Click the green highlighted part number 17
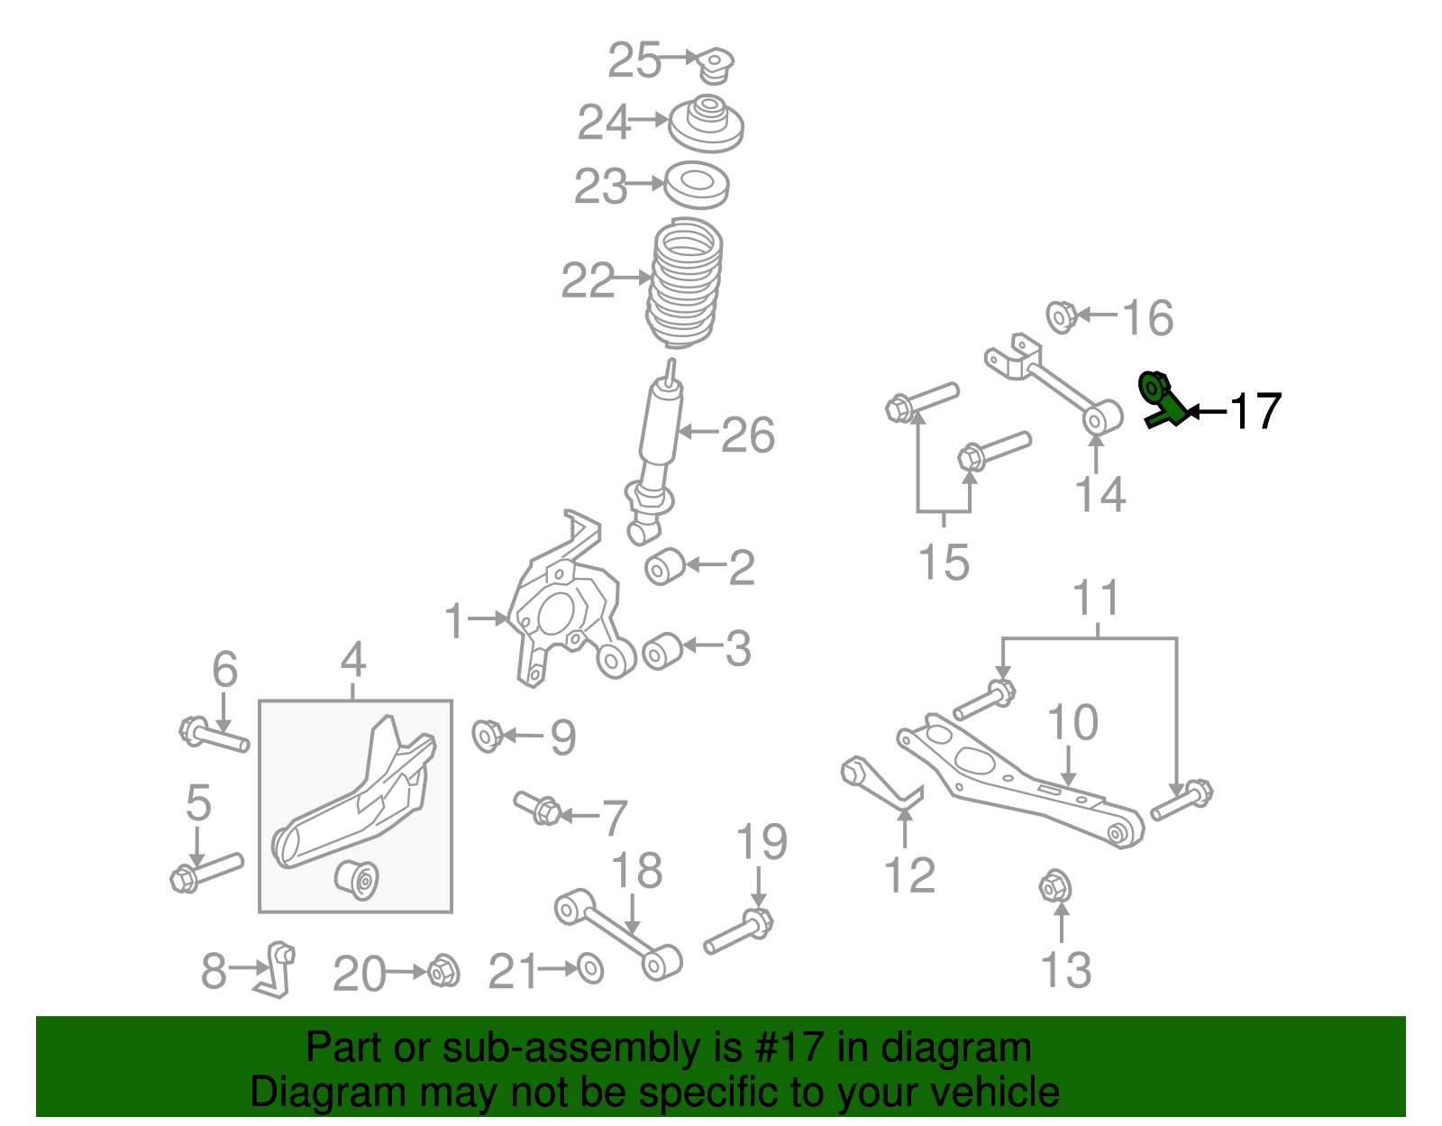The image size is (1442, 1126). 1162,400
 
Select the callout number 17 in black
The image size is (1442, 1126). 1255,411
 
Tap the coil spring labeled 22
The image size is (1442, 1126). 685,282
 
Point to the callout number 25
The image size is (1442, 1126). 634,60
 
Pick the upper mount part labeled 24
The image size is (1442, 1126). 706,124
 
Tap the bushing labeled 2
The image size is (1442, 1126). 665,566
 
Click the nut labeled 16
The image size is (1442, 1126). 1061,316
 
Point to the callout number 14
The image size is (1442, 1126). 1100,494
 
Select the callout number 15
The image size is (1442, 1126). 943,562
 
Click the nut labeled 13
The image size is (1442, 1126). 1054,888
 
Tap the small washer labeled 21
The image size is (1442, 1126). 589,968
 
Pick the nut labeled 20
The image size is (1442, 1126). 443,971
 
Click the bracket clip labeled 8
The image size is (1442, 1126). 277,970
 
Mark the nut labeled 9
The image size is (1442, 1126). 487,735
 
